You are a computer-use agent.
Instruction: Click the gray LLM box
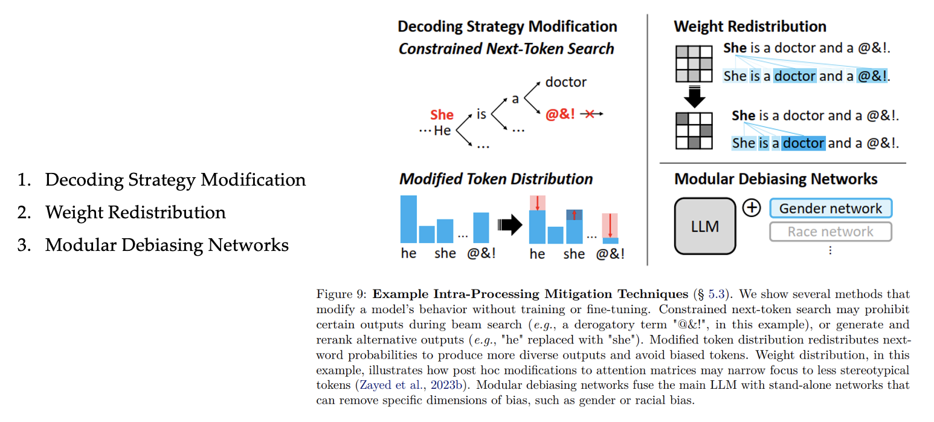tap(704, 226)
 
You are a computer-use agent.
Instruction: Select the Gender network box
tap(831, 209)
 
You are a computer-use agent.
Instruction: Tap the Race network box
tap(831, 232)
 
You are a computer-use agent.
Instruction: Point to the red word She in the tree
tap(442, 115)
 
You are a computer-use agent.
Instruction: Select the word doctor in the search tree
tap(565, 82)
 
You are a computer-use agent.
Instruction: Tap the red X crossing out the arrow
tap(589, 114)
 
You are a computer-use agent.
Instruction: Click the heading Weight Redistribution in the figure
tap(750, 27)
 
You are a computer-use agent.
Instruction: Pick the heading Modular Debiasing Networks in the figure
tap(776, 179)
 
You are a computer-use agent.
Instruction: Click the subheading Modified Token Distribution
tap(496, 179)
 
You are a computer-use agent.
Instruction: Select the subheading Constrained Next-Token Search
tap(506, 49)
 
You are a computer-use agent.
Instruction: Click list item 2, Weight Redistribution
tap(135, 212)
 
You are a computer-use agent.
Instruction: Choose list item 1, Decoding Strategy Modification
tap(175, 180)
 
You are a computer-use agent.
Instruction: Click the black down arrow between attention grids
tap(693, 97)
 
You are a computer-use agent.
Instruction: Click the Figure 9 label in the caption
tap(341, 294)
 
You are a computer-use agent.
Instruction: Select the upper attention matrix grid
tap(693, 63)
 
